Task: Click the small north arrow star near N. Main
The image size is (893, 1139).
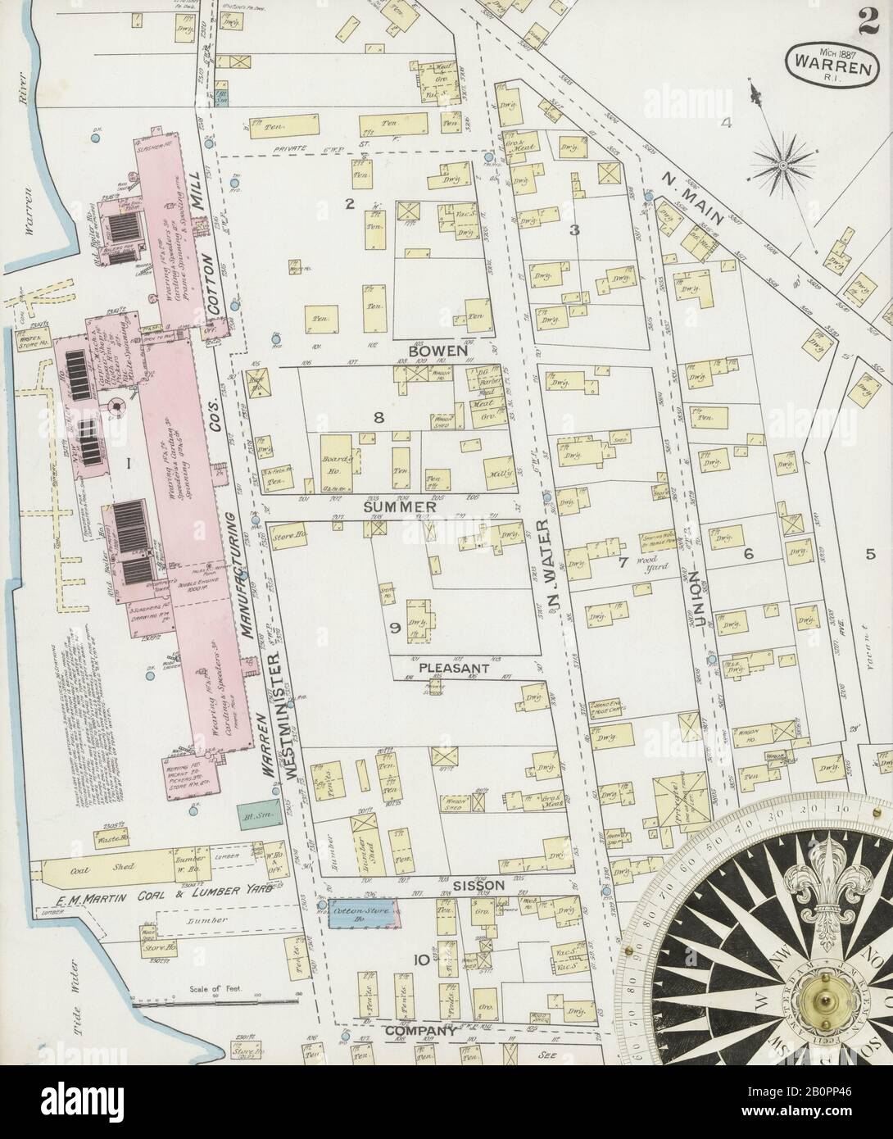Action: coord(782,165)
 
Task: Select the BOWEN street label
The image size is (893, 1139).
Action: coord(437,350)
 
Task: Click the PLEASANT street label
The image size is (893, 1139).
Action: coord(454,668)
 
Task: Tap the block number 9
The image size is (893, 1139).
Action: coord(394,628)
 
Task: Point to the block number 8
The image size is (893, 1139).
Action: coord(379,418)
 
